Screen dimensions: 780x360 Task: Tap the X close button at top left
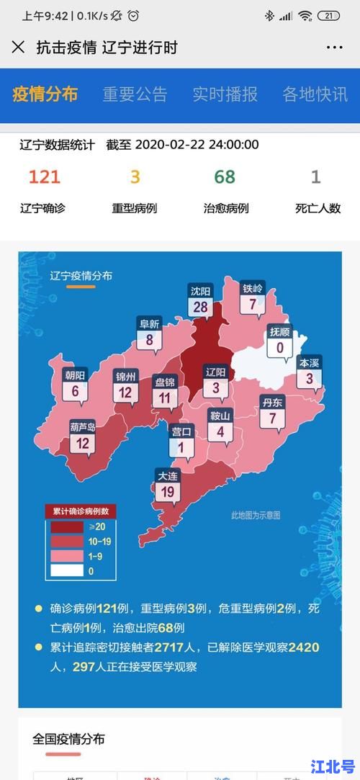pos(18,48)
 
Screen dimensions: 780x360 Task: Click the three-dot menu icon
pos(335,48)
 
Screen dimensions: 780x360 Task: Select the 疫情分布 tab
pos(45,94)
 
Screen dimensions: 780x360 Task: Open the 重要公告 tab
pos(135,94)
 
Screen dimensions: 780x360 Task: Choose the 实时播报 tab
pos(225,94)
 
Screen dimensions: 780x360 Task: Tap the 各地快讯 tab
pos(315,94)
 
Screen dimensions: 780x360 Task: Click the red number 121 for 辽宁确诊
pos(44,177)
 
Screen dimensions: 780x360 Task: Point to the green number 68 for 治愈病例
pos(225,177)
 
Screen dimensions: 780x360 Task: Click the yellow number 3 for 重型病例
pos(135,177)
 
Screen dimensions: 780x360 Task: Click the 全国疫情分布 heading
pos(68,739)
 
